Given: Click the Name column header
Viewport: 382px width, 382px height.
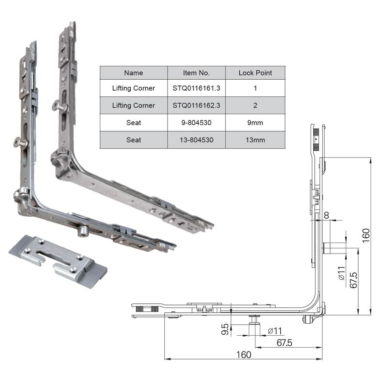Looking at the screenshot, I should pos(133,73).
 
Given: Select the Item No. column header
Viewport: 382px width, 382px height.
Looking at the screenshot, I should pos(196,73).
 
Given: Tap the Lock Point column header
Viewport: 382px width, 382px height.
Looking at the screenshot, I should pos(255,73).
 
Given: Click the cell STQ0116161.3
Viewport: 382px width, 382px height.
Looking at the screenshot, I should pos(196,88).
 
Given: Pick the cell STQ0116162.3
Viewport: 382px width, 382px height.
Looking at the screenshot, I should pos(196,105).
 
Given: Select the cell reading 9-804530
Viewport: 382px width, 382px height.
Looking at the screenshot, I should pos(196,123).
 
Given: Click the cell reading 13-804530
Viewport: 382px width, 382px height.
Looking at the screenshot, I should pos(196,140).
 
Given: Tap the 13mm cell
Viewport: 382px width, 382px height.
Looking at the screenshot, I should pos(255,140).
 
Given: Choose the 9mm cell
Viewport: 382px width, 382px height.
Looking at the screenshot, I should pos(255,123).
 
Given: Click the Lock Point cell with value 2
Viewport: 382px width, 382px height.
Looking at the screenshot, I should pos(255,105).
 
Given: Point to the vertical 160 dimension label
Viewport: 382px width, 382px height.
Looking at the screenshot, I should pos(366,235).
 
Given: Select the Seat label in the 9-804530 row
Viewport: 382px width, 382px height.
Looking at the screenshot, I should pos(133,123).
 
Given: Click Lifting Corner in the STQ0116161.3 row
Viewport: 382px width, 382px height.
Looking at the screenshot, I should pos(133,88).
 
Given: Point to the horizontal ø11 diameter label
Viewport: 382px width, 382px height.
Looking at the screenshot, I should pos(276,330).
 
